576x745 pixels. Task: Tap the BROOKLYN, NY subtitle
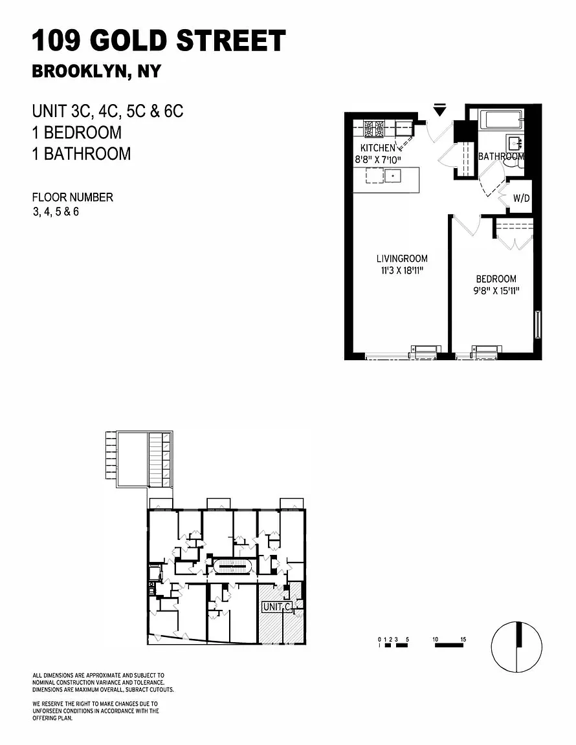(96, 71)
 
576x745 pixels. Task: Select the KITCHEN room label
(378, 147)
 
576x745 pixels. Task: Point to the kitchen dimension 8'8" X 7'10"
(378, 160)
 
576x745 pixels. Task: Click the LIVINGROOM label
(402, 259)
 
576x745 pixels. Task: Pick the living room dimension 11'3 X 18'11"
(402, 271)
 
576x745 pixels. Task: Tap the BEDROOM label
(496, 279)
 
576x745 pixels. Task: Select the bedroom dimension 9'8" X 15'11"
(496, 291)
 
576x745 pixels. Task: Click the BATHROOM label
(501, 157)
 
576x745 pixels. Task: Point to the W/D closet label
(521, 198)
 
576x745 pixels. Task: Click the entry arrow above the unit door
(439, 110)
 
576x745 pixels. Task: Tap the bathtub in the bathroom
(502, 120)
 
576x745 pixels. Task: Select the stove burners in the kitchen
(374, 128)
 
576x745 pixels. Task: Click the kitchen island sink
(392, 177)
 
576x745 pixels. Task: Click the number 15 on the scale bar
(463, 639)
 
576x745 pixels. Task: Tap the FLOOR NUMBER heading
(72, 197)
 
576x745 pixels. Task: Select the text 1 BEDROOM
(77, 132)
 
